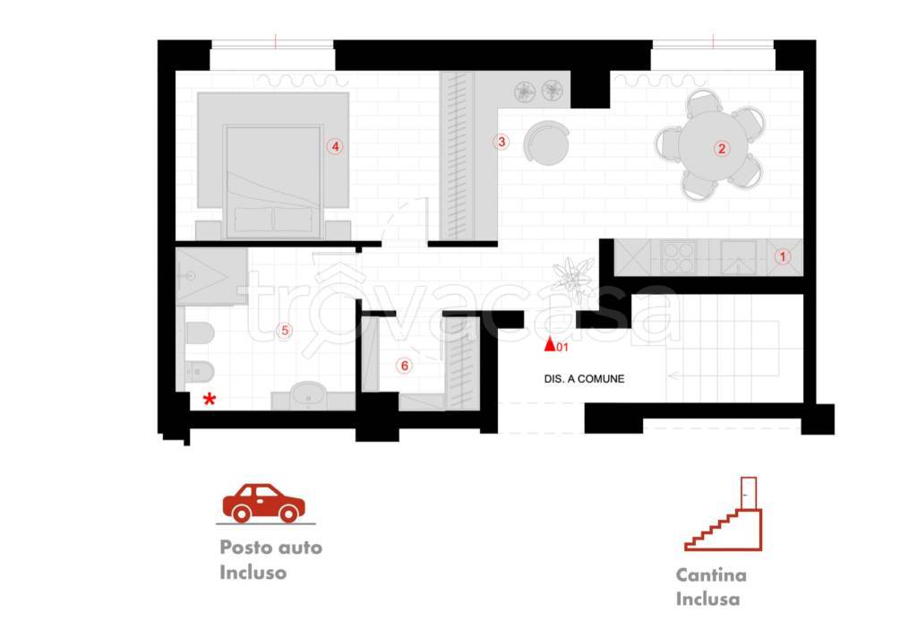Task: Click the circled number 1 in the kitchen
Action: (x=783, y=256)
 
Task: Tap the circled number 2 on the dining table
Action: (x=722, y=149)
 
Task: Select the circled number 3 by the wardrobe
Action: (x=501, y=142)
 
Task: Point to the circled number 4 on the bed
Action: (x=335, y=146)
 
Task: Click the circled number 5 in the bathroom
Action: (x=285, y=331)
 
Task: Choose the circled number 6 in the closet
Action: (x=404, y=367)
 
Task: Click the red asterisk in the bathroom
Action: (x=210, y=400)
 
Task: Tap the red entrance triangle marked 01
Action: (x=550, y=345)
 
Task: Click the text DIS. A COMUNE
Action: (x=584, y=379)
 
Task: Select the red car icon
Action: (x=264, y=503)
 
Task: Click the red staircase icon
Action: (x=724, y=514)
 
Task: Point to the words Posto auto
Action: (x=270, y=548)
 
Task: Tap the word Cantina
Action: (x=711, y=575)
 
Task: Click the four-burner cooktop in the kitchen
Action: (x=679, y=257)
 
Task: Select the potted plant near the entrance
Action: (x=572, y=279)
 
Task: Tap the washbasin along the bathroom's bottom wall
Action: (x=310, y=395)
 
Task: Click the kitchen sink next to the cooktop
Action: (x=738, y=257)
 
